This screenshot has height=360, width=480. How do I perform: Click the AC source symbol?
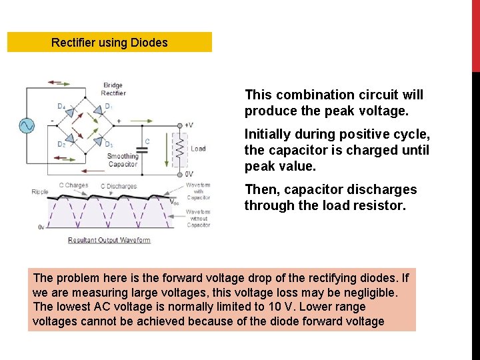(x=28, y=125)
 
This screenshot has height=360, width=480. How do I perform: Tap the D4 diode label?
(x=61, y=106)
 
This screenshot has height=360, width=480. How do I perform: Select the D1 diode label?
(x=108, y=106)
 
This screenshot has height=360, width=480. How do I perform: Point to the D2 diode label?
(x=61, y=144)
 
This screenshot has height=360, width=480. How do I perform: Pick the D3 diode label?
(x=108, y=144)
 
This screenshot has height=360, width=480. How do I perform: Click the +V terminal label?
(x=189, y=125)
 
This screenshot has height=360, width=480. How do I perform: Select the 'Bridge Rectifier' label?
(x=114, y=89)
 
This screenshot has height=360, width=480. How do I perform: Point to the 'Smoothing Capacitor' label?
(x=123, y=160)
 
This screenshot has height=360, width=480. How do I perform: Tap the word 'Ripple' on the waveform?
(x=40, y=192)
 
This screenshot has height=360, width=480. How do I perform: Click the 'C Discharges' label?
(x=118, y=186)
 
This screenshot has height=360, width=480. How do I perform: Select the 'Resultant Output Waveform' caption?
(x=109, y=240)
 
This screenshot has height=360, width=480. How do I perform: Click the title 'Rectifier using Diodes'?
(x=109, y=43)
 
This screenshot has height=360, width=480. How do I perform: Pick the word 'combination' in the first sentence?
(x=310, y=95)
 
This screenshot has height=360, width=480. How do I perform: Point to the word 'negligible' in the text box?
(x=369, y=292)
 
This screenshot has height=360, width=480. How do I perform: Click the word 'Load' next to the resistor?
(x=198, y=149)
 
